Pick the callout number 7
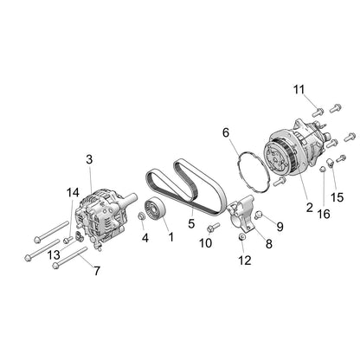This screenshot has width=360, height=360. (97, 271)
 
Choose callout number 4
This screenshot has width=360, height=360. (145, 237)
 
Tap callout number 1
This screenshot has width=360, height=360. (170, 236)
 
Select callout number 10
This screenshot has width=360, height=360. (205, 244)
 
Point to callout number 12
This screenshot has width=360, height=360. (243, 259)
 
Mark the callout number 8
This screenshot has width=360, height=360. (267, 245)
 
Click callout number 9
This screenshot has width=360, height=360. (280, 226)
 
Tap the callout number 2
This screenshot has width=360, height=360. (309, 207)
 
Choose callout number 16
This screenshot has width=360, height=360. (324, 213)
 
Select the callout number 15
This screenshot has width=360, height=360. (337, 197)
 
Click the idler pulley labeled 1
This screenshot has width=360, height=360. (157, 210)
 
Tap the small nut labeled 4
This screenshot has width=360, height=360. (142, 215)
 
